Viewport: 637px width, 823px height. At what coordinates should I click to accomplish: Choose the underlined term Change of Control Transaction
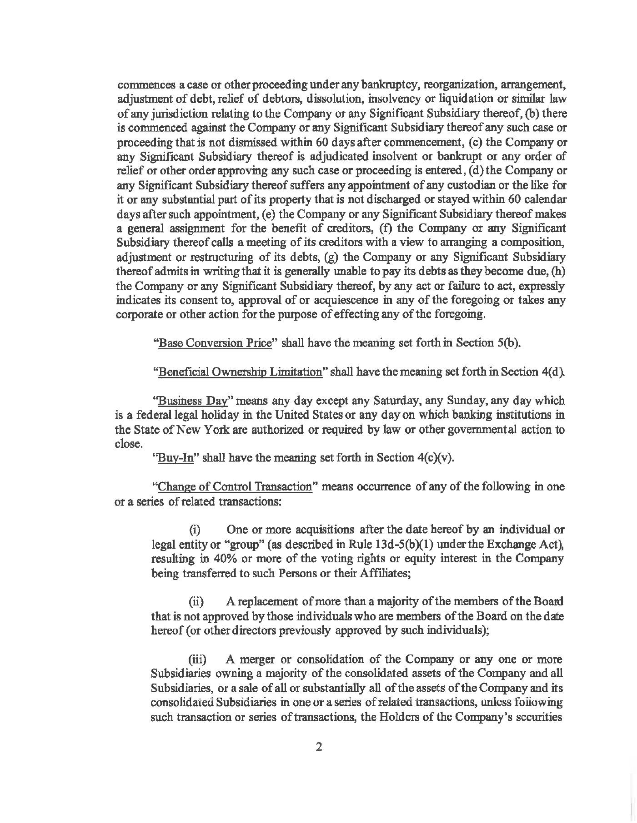(235, 486)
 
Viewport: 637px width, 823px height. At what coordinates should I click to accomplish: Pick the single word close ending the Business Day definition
(126, 444)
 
